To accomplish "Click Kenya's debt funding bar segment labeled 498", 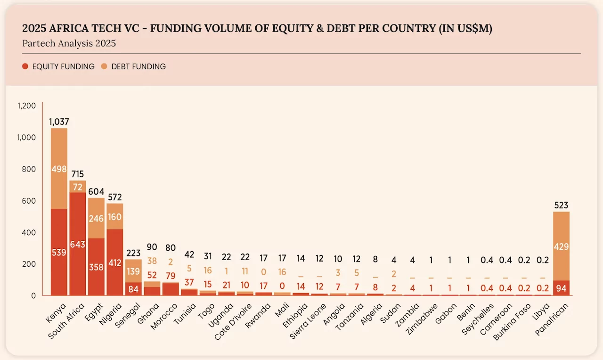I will point(59,169).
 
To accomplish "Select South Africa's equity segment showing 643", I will point(78,244).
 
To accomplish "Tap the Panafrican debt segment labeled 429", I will point(561,246).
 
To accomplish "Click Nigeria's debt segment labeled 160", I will point(115,216).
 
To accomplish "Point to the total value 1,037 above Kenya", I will point(59,122).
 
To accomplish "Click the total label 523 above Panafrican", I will point(561,205).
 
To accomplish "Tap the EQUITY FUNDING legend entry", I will point(58,66).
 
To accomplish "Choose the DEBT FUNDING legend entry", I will point(134,66).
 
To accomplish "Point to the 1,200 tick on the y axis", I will point(27,106).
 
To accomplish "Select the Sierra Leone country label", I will point(309,320).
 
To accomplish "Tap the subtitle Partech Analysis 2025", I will point(69,44).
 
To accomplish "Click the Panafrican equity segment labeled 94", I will point(561,288).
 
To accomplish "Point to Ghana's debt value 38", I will point(152,261).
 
